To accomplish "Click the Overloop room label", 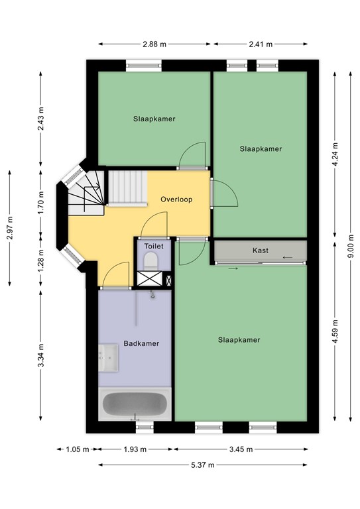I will click(x=176, y=199).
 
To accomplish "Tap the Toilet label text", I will click(x=153, y=245).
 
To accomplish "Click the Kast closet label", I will click(x=261, y=251).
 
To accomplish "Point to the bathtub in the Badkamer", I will click(x=136, y=404).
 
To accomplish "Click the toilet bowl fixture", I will click(x=152, y=259).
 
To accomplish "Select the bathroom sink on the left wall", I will click(x=107, y=359).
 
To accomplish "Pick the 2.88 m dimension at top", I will click(x=154, y=44).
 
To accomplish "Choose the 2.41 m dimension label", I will click(x=260, y=44).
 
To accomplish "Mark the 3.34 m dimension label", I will click(x=41, y=357).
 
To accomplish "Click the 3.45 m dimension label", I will click(x=241, y=449).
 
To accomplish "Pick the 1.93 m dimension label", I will click(x=136, y=449).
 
